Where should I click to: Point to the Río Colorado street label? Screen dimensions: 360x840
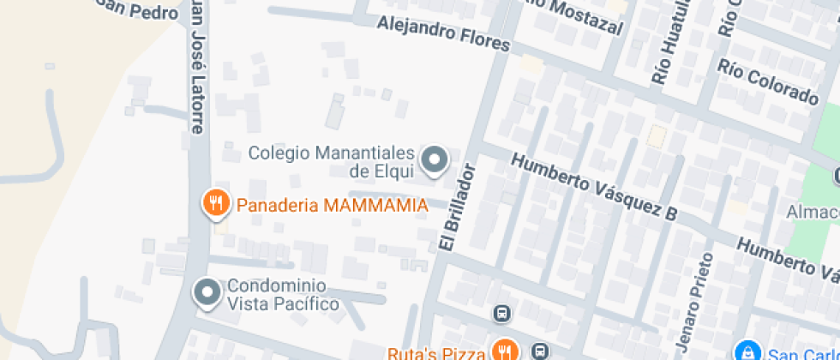[769, 81]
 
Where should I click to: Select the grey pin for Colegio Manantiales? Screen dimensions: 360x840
[435, 159]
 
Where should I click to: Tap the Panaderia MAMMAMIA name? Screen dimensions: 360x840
[332, 206]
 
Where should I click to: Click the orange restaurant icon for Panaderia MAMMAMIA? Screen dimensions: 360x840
[214, 203]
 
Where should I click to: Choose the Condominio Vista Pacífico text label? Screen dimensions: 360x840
[283, 295]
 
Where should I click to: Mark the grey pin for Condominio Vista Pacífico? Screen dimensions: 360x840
[207, 292]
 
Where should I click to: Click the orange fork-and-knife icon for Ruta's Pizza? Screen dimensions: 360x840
[501, 351]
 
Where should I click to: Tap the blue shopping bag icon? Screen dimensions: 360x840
[749, 351]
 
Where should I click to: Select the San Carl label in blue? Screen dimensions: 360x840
[802, 353]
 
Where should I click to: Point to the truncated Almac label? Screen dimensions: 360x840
[813, 212]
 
